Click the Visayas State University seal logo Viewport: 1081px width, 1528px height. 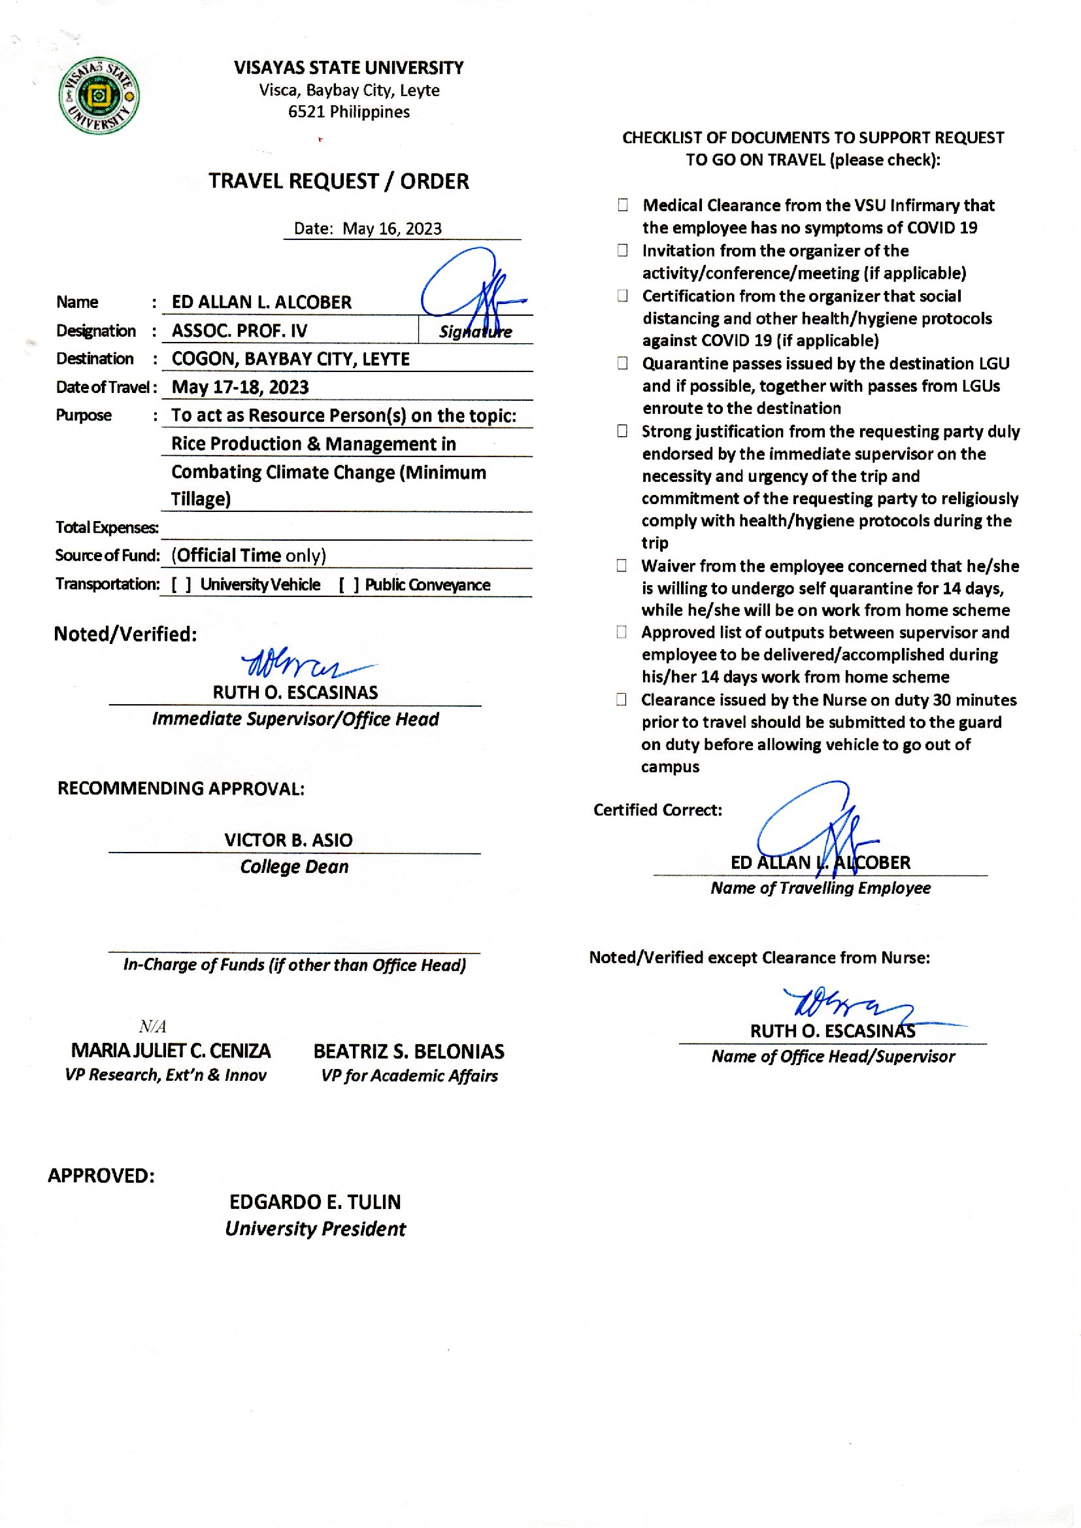[x=99, y=95]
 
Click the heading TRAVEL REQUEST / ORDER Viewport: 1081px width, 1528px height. [x=339, y=181]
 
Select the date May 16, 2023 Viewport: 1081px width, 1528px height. [x=391, y=228]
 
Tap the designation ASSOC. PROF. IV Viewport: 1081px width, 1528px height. [x=240, y=330]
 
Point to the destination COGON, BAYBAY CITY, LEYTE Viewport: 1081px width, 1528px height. [x=291, y=359]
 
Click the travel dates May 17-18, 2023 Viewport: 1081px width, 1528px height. [x=241, y=387]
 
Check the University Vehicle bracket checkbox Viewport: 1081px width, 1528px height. [x=182, y=585]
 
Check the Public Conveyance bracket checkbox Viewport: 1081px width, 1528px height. [x=349, y=585]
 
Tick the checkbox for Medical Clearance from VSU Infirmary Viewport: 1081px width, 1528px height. [x=622, y=205]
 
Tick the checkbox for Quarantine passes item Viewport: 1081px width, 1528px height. [x=622, y=364]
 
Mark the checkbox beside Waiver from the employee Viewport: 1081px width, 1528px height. [x=622, y=566]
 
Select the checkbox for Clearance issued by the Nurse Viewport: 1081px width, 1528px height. [x=622, y=700]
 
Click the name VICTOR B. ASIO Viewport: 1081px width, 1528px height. [x=288, y=840]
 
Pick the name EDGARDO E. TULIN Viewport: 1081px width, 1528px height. [x=315, y=1202]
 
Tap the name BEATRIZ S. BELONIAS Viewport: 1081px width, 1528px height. [x=408, y=1051]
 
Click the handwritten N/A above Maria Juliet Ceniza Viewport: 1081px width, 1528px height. [x=152, y=1026]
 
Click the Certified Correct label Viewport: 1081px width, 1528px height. [x=657, y=810]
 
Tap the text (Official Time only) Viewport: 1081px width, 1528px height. [x=248, y=555]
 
